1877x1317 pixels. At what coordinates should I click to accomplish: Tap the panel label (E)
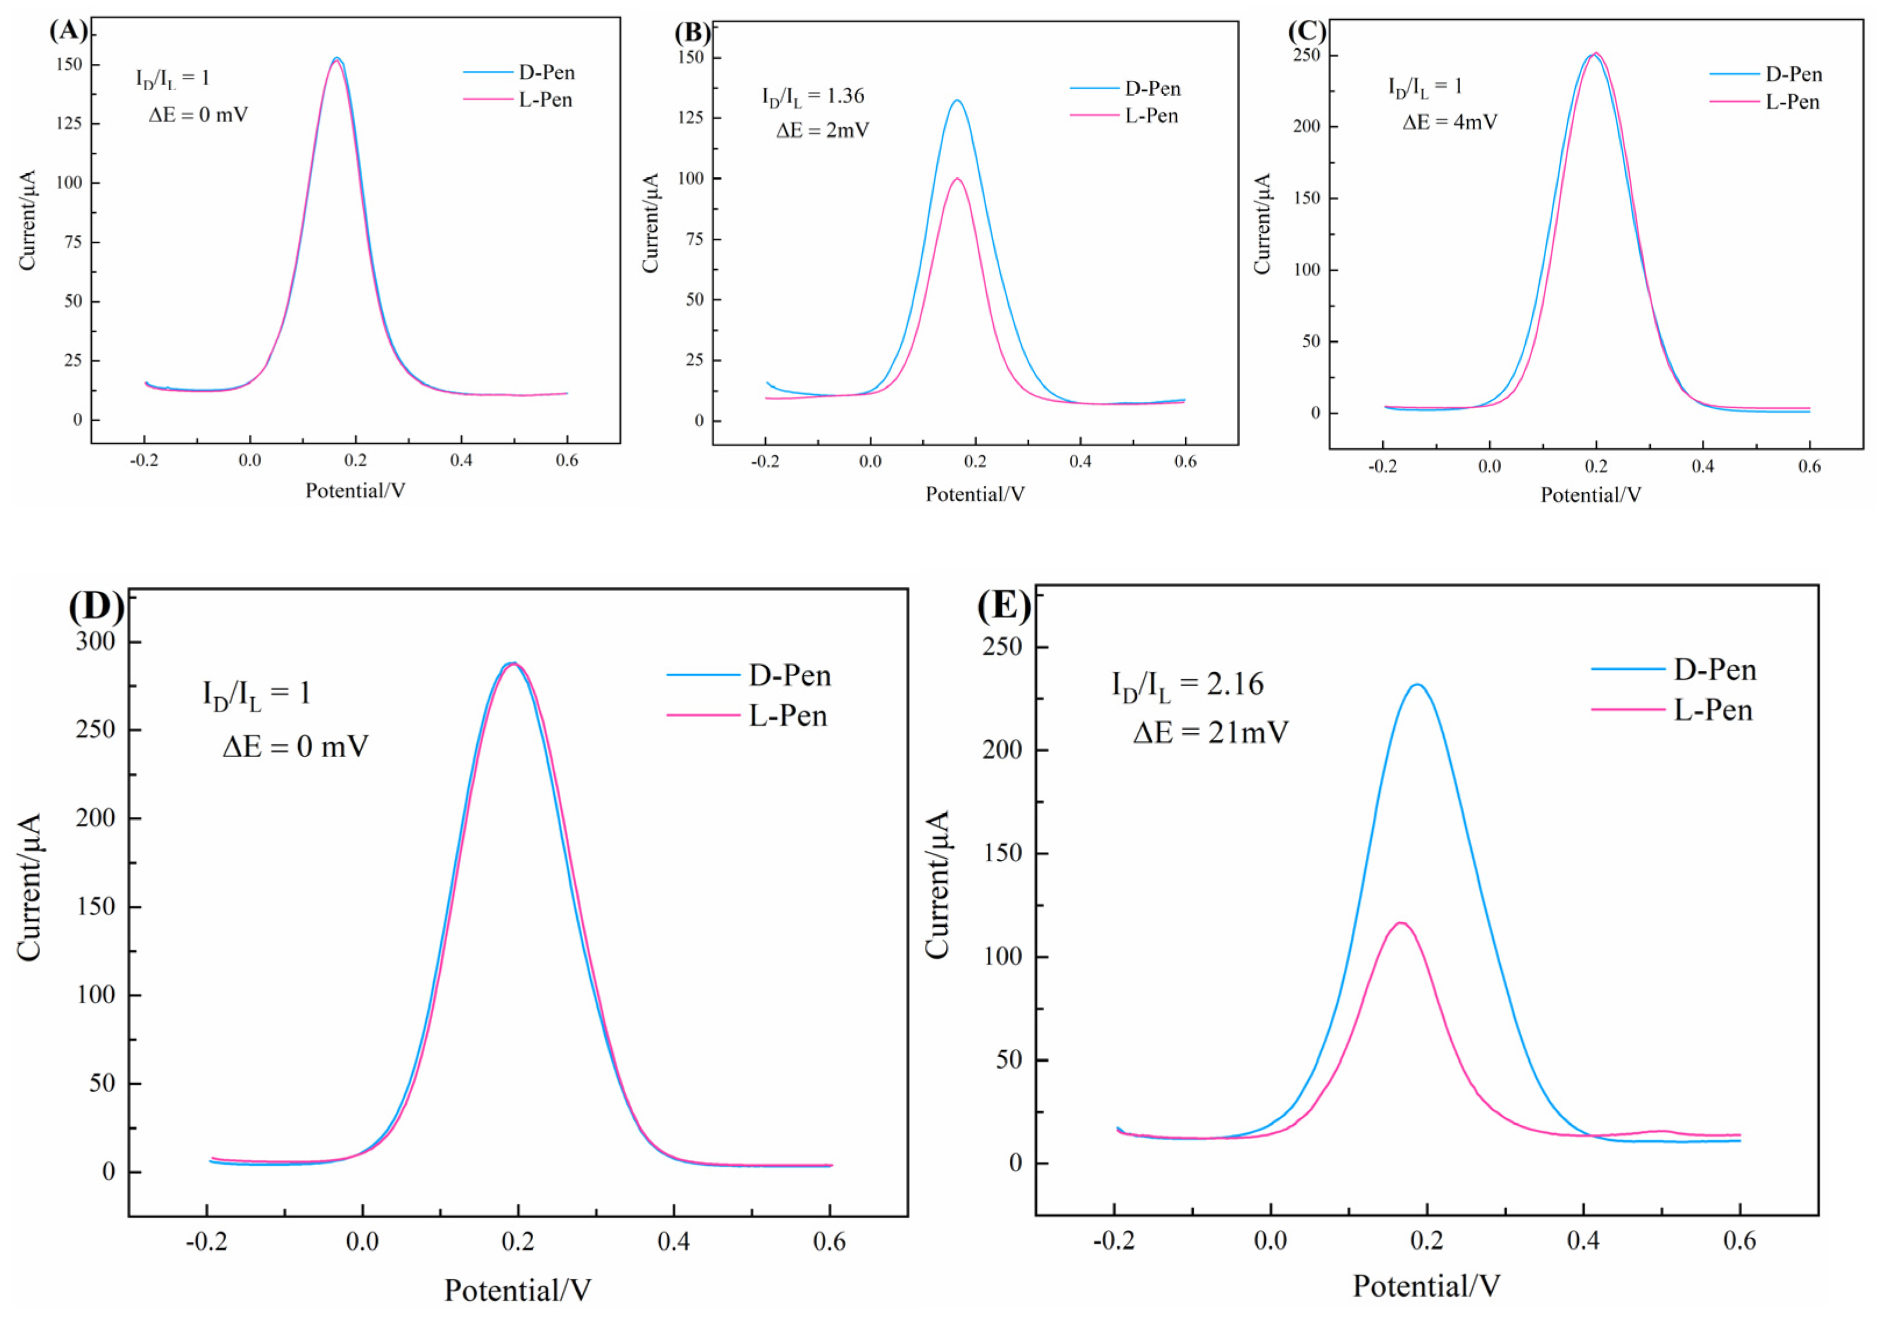pos(1004,606)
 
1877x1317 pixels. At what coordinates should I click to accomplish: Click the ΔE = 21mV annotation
pos(1210,731)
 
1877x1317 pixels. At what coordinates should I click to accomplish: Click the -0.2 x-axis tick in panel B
pos(765,461)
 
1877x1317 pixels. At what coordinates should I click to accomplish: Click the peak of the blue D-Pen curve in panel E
pos(1418,684)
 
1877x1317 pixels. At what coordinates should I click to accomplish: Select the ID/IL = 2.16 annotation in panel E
pos(1187,684)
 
